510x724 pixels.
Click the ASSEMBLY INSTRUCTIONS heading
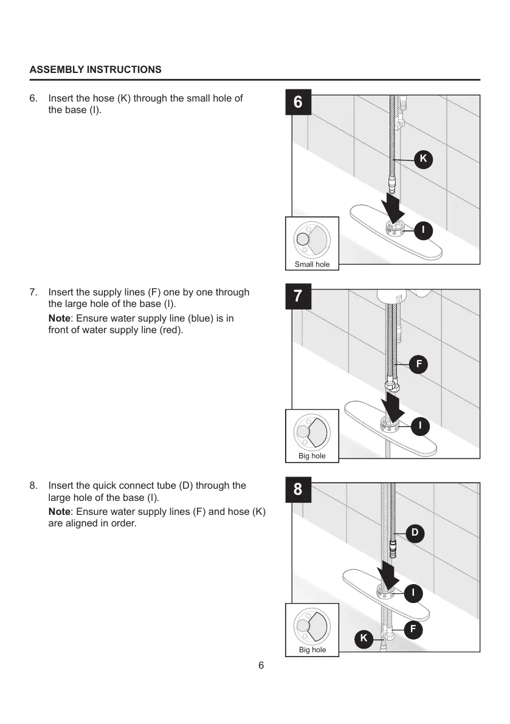pyautogui.click(x=95, y=69)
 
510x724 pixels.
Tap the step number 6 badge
pyautogui.click(x=298, y=103)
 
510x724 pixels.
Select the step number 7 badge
pyautogui.click(x=298, y=297)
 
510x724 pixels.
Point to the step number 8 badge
pyautogui.click(x=298, y=490)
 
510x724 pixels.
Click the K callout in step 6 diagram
pyautogui.click(x=423, y=159)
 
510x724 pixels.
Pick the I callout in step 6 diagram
pyautogui.click(x=423, y=230)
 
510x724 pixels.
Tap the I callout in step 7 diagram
pyautogui.click(x=419, y=426)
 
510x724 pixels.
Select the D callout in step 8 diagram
pyautogui.click(x=415, y=533)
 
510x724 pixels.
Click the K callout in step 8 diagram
pyautogui.click(x=364, y=638)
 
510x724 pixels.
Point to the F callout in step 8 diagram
pyautogui.click(x=413, y=629)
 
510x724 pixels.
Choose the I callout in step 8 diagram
pyautogui.click(x=413, y=592)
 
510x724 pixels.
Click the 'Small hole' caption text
pyautogui.click(x=312, y=264)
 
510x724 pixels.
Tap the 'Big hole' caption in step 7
pyautogui.click(x=312, y=456)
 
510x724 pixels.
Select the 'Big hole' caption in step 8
pyautogui.click(x=312, y=650)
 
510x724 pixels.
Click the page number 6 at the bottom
pyautogui.click(x=261, y=665)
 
